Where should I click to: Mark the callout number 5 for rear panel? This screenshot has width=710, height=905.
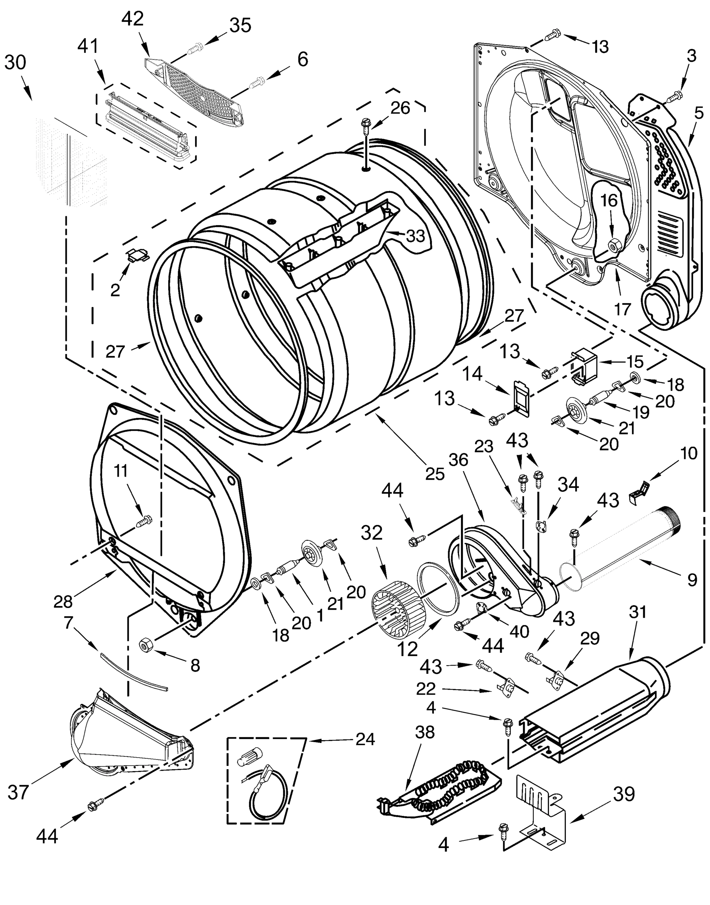[x=699, y=113]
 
